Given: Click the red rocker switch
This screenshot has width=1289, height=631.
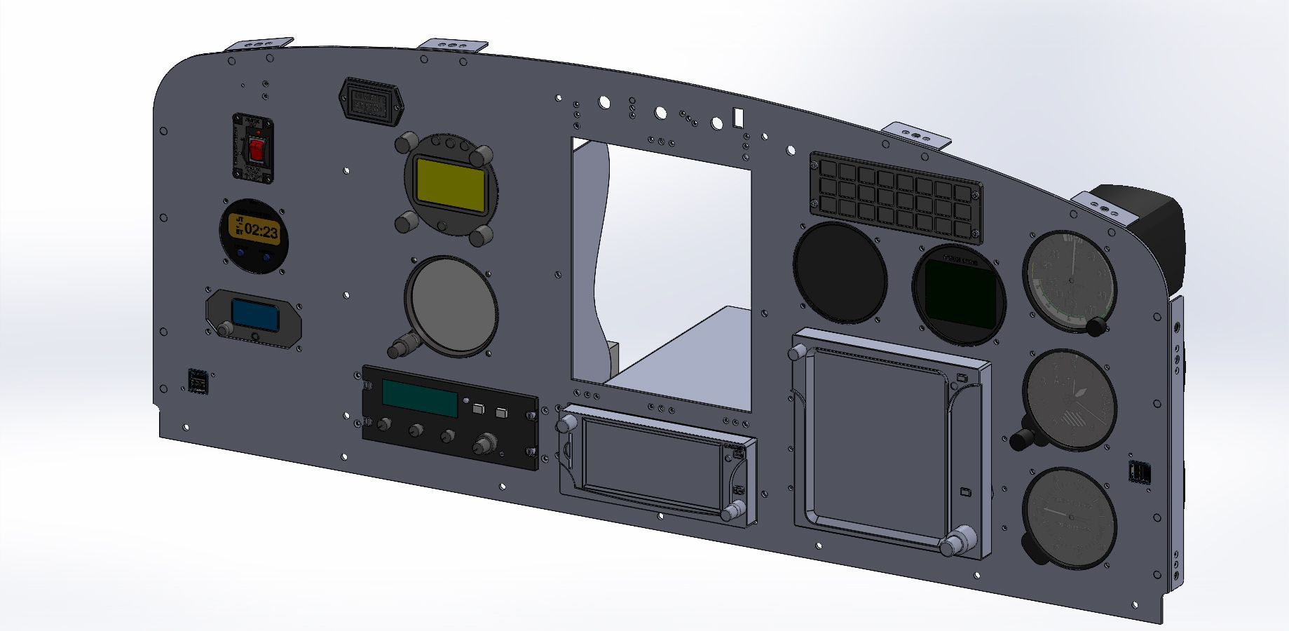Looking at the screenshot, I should tap(257, 149).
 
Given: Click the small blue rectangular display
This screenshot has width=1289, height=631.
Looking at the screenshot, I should tap(254, 315).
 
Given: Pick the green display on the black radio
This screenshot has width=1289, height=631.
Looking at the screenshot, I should tap(419, 398).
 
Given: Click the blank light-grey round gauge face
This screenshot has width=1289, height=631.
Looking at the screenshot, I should tap(450, 304).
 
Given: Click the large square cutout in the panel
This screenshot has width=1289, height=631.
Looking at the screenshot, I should tap(659, 273).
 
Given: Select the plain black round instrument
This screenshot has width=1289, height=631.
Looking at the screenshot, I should tap(840, 272).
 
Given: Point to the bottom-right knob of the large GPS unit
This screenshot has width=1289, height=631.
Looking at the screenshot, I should tap(955, 545).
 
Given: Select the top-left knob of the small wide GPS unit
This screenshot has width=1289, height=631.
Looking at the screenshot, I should tap(566, 423).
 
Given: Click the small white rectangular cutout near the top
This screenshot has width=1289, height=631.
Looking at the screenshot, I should tap(737, 116).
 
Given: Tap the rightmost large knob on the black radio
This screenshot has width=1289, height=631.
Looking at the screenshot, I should tap(483, 445).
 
